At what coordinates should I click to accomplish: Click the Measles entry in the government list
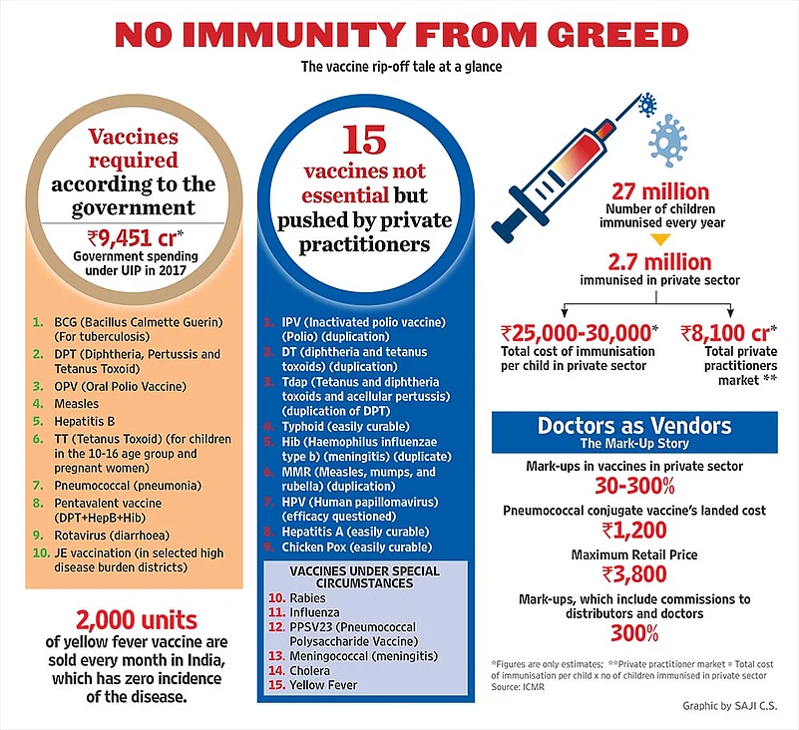point(78,404)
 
